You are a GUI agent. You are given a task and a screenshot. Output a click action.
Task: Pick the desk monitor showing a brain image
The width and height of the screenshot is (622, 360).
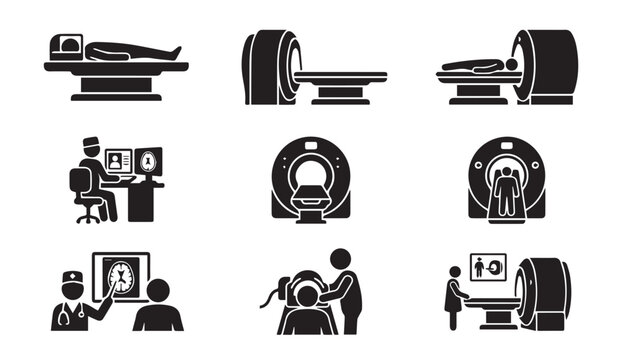[149, 160]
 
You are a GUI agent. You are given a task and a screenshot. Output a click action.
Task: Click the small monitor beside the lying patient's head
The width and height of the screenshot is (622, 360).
[67, 45]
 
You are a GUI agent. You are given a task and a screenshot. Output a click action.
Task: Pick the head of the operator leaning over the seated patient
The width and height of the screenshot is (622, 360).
[338, 260]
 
